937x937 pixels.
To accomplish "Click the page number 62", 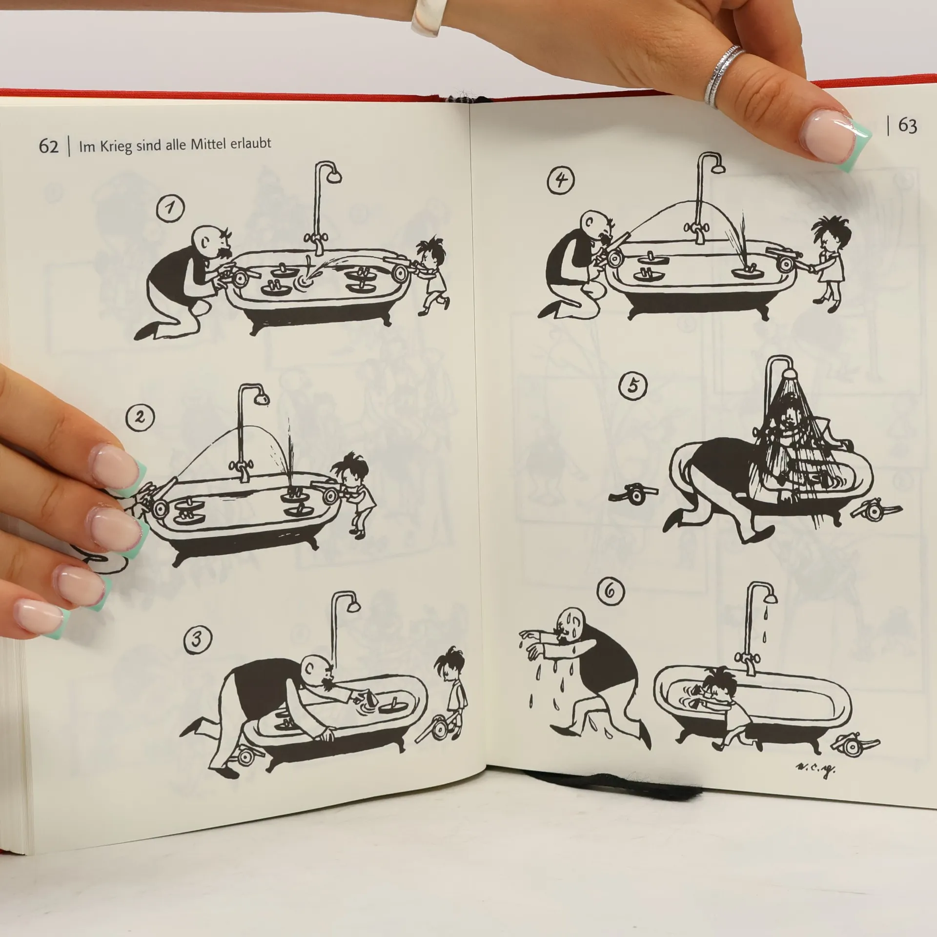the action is pyautogui.click(x=48, y=146).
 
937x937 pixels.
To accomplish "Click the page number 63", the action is pyautogui.click(x=907, y=126).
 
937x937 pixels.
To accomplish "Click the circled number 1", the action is pyautogui.click(x=170, y=208).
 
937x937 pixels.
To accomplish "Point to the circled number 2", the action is pyautogui.click(x=140, y=418).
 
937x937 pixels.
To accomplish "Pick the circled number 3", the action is pyautogui.click(x=198, y=639).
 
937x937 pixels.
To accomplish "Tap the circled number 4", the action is pyautogui.click(x=560, y=181).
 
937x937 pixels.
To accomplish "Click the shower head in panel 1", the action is pyautogui.click(x=334, y=176).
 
